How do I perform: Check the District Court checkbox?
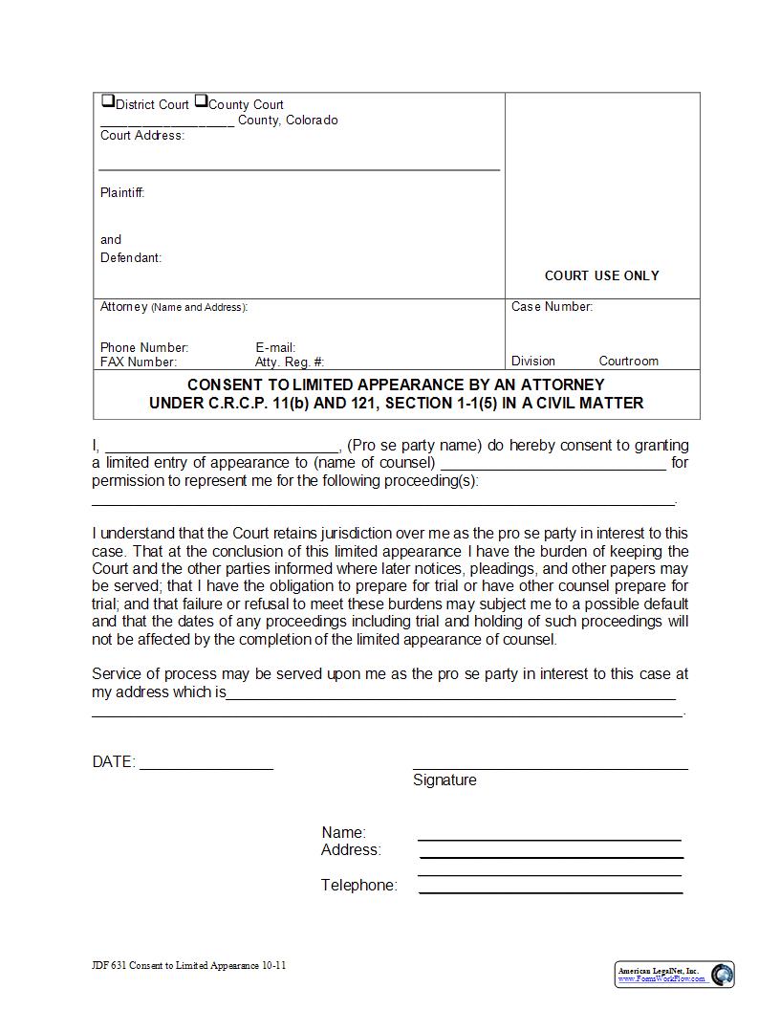(x=107, y=101)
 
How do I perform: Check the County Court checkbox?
(x=201, y=101)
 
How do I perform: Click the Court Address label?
(x=142, y=136)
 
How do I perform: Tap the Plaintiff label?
(x=122, y=192)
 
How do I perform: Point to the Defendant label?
(x=131, y=257)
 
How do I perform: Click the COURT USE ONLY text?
(x=601, y=275)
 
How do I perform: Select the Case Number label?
(x=552, y=307)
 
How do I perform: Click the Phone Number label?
(x=144, y=347)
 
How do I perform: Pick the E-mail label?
(x=275, y=347)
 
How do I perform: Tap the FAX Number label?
(x=139, y=362)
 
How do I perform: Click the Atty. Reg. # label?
(x=290, y=362)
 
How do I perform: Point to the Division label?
(x=532, y=361)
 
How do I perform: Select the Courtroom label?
(x=628, y=361)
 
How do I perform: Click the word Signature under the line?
(x=444, y=780)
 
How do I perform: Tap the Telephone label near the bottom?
(x=358, y=886)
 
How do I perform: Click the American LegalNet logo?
(x=675, y=975)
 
